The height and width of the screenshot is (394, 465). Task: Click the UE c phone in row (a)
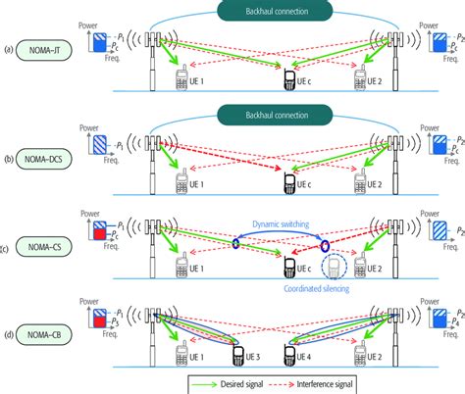tap(292, 77)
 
